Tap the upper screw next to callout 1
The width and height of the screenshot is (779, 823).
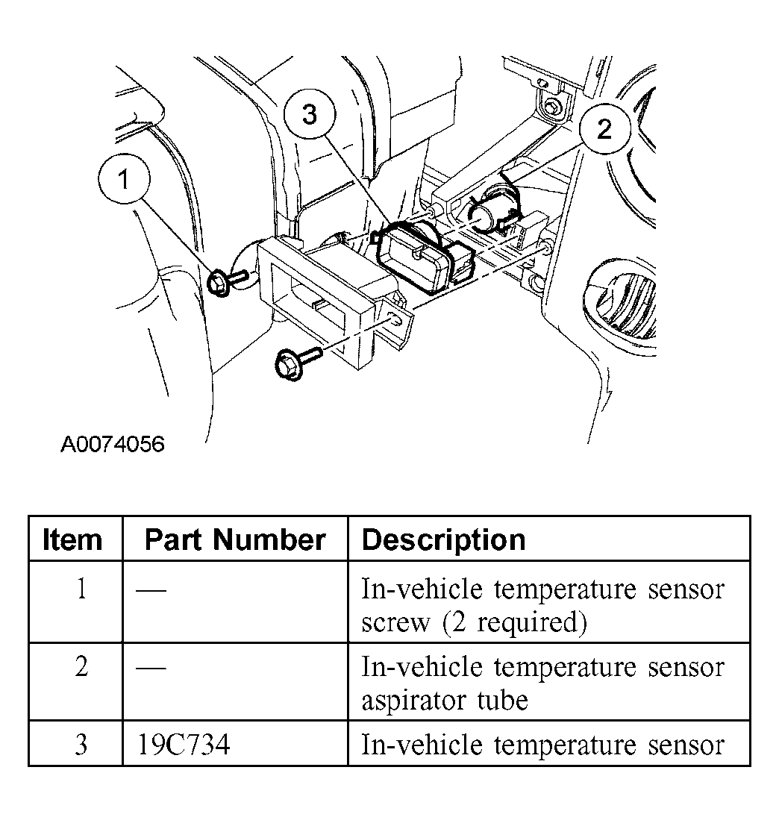click(222, 282)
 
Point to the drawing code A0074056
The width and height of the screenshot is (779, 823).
click(112, 445)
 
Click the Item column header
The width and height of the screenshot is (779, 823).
click(72, 539)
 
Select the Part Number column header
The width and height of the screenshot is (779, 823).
click(235, 539)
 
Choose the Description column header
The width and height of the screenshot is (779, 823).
click(443, 539)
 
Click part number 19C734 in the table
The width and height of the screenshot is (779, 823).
click(184, 745)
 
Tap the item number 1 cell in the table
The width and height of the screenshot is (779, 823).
click(81, 590)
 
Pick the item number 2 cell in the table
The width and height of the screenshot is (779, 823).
click(81, 666)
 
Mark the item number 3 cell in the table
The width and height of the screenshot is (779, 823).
click(81, 745)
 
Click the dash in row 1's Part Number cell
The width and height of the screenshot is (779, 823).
click(151, 590)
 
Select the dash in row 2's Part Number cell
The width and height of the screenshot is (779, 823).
click(151, 666)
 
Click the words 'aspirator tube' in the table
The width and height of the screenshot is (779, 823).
click(444, 700)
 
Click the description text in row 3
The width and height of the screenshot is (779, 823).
click(542, 745)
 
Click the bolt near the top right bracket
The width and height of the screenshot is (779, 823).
click(553, 107)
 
